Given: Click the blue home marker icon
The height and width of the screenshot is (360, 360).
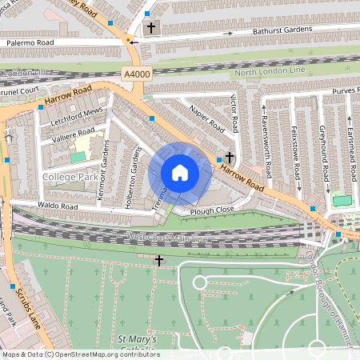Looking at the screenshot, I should (180, 173).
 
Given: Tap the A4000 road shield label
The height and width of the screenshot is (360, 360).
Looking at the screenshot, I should (136, 74).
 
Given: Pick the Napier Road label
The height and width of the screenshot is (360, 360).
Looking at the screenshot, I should (205, 118).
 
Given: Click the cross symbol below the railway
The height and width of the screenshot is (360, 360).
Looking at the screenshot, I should (159, 261).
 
